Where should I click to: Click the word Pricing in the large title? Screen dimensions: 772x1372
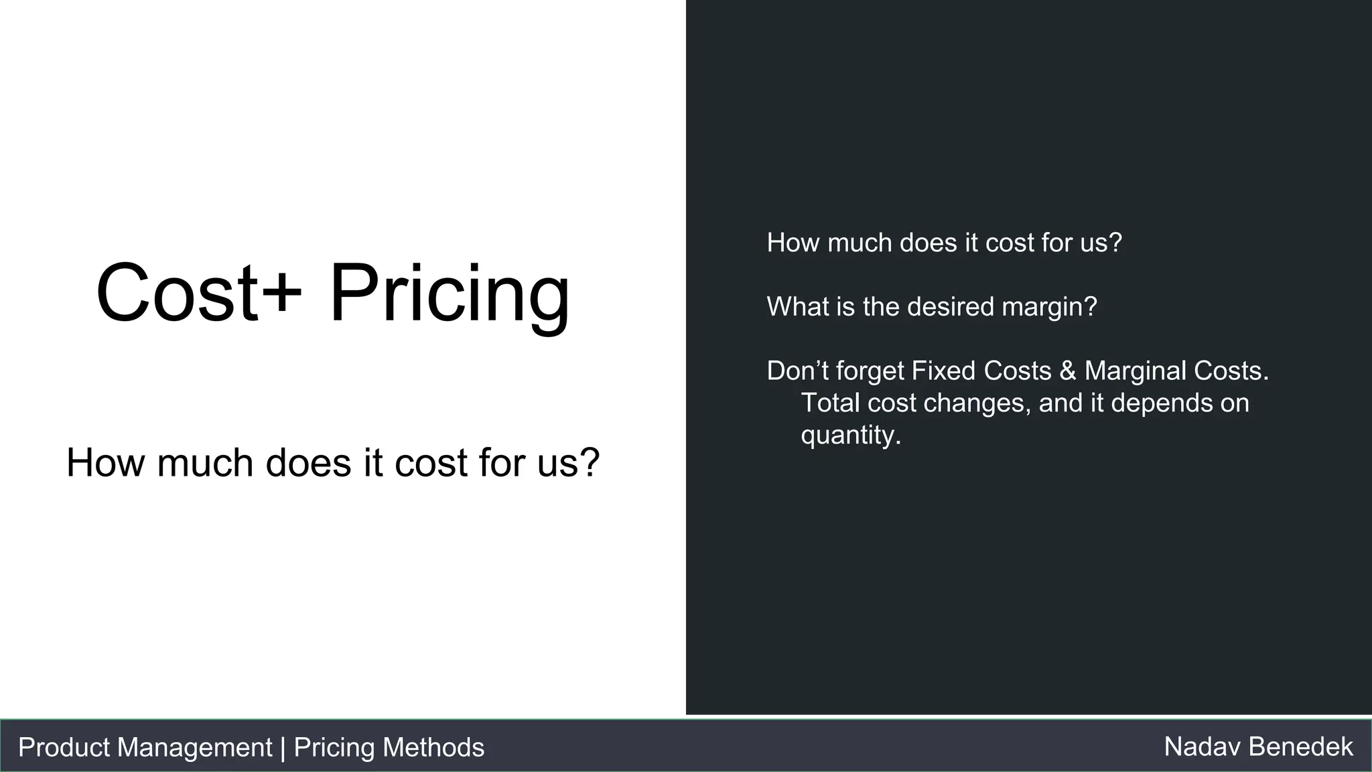point(449,295)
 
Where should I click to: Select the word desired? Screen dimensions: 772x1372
point(951,307)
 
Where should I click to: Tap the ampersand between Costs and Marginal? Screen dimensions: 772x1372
point(1068,371)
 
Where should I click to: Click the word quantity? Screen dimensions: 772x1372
point(850,436)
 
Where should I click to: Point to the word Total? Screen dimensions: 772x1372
point(830,403)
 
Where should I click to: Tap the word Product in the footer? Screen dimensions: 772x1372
point(64,747)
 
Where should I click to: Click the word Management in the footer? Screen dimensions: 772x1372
point(194,747)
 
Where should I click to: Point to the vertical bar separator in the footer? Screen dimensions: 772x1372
point(283,747)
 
